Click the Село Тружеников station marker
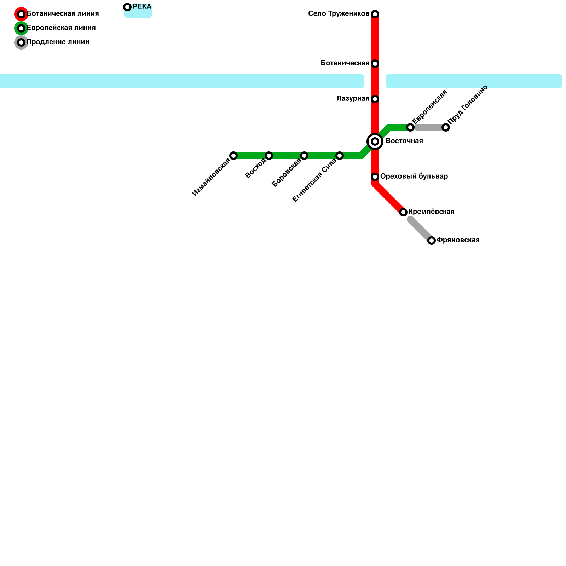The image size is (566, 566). [375, 14]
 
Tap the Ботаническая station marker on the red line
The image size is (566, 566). [375, 64]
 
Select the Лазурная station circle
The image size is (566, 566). [375, 99]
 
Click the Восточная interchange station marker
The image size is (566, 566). [375, 141]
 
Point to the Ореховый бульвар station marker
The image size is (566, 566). [375, 177]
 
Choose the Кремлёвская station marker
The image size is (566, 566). [403, 212]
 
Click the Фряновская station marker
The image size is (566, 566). [432, 241]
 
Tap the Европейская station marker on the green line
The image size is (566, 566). [410, 127]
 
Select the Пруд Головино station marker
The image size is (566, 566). [446, 127]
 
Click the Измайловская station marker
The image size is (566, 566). [233, 156]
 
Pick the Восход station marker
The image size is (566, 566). [269, 156]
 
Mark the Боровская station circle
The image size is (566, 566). [304, 156]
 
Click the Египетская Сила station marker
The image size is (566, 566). [340, 156]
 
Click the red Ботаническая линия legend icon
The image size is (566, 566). [21, 14]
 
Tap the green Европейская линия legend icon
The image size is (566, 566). [21, 28]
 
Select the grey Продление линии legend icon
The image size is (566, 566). [21, 42]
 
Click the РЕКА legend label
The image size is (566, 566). [142, 7]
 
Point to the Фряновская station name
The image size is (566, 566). [458, 240]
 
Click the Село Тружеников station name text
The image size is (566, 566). [339, 14]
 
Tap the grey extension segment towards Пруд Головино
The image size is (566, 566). [428, 127]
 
